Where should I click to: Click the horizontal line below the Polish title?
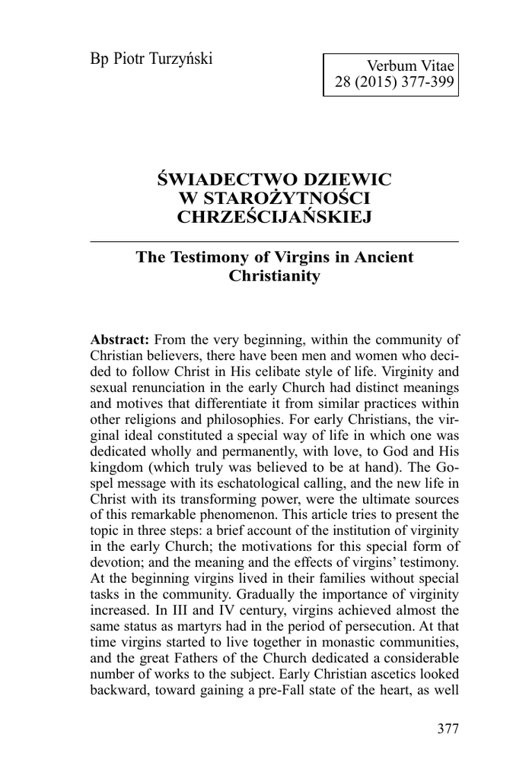(x=274, y=240)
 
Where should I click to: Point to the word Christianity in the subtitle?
(x=274, y=275)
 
